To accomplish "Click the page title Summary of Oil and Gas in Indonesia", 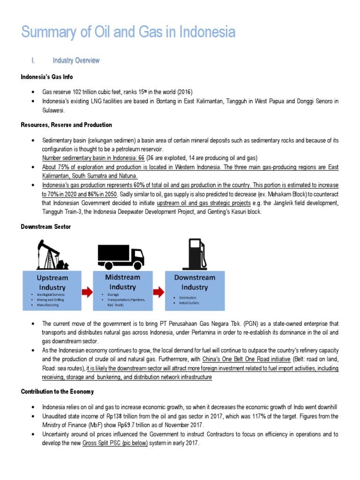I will (x=128, y=32).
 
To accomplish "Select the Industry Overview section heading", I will (x=75, y=60).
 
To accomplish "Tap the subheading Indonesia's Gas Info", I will (x=46, y=76).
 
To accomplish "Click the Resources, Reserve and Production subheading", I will (x=66, y=125).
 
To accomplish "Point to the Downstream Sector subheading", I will (x=46, y=226).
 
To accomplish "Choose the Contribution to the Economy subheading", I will (x=57, y=391).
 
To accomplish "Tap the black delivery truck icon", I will (x=120, y=255).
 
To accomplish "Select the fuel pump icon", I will (x=195, y=254).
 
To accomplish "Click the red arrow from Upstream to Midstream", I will (x=87, y=292).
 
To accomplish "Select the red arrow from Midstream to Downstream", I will (x=159, y=292).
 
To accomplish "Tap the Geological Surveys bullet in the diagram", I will (x=52, y=294).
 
